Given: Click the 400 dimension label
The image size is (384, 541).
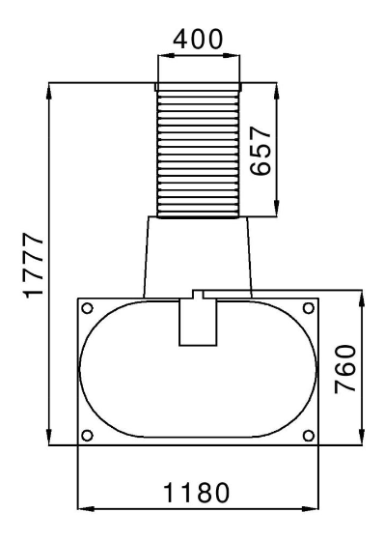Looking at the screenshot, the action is [x=198, y=39].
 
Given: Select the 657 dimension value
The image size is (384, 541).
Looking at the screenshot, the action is [x=261, y=151].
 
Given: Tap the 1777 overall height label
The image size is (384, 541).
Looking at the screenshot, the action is [x=34, y=265].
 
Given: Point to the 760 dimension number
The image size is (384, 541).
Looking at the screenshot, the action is [x=345, y=369].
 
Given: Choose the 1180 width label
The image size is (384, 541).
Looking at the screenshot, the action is [x=196, y=493].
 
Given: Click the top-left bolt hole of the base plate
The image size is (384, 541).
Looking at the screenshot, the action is [x=88, y=308].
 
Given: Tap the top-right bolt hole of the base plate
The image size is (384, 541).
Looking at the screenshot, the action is [x=309, y=308].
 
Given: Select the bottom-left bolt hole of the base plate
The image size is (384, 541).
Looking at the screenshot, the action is [x=88, y=436].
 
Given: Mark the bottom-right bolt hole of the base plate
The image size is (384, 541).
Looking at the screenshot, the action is [x=309, y=436].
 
